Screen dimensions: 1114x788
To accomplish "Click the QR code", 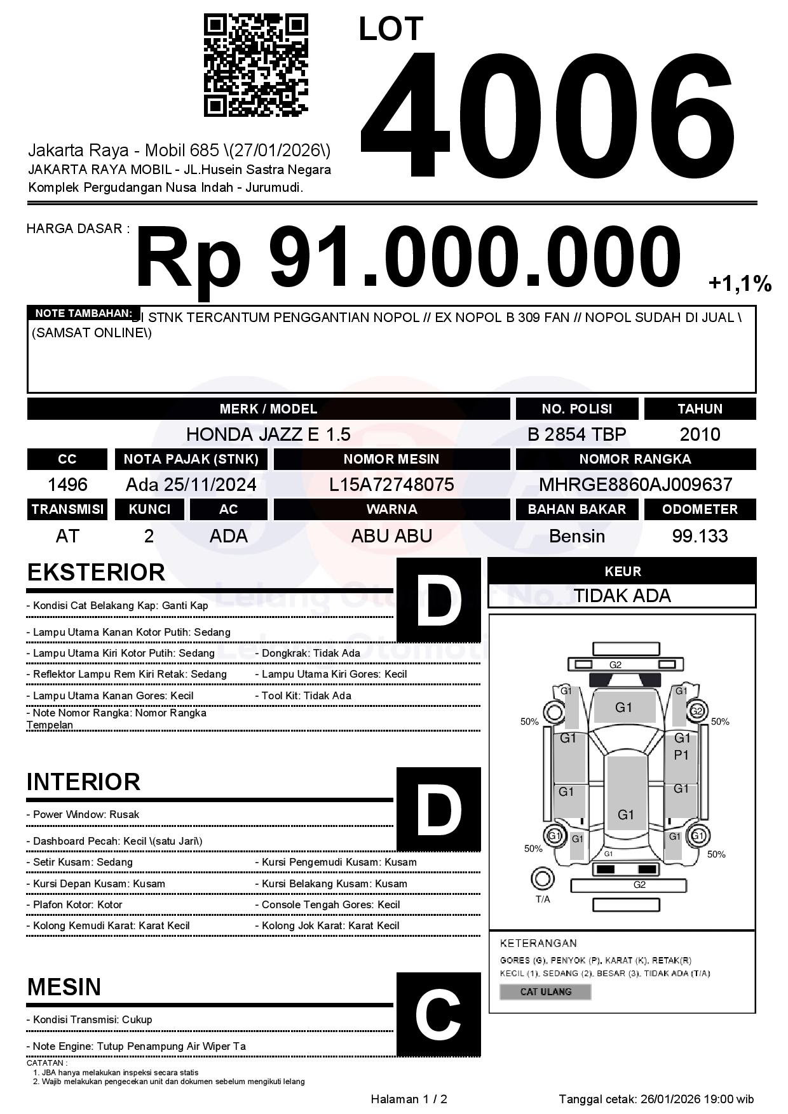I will pos(255,65).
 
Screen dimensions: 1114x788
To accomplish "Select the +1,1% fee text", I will pos(740,284).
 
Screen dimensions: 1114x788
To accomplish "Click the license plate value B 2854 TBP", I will pos(576,434).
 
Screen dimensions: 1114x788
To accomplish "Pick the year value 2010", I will pos(700,434).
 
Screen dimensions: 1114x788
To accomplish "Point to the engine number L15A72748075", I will pos(391,485).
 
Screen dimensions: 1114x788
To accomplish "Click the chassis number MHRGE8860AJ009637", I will pos(635,485).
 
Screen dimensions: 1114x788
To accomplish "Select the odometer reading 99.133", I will pos(700,536).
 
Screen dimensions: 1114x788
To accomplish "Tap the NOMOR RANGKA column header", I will pos(635,459).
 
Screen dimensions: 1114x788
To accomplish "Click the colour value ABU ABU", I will pos(391,536).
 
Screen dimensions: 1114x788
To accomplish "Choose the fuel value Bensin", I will pos(576,536).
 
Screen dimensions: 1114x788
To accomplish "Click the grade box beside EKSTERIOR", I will pos(438,600).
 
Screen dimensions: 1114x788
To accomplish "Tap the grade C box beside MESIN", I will pos(438,1014).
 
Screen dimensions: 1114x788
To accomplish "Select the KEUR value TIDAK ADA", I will pos(622,596).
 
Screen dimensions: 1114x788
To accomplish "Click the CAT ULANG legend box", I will pos(545,991).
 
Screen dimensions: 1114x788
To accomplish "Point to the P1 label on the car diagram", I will pos(681,755).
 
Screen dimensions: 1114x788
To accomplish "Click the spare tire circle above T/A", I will pos(542,878).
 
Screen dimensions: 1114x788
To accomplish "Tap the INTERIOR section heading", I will pos(83,782).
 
